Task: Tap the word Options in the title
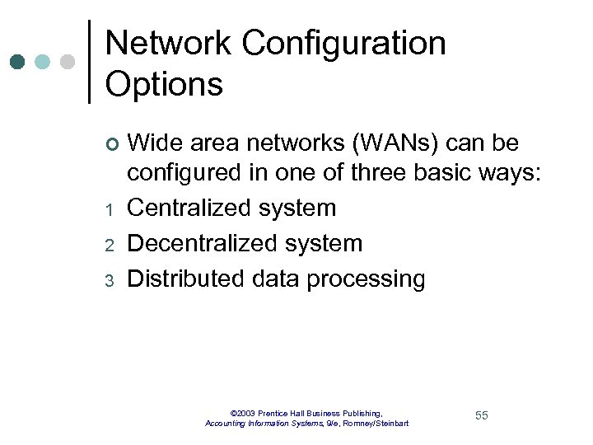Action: (165, 84)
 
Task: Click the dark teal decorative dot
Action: (19, 62)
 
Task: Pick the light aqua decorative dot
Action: (43, 62)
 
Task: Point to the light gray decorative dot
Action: (68, 62)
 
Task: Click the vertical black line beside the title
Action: (89, 62)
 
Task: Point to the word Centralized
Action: (189, 208)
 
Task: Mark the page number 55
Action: (482, 415)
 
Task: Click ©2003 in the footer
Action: (245, 412)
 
